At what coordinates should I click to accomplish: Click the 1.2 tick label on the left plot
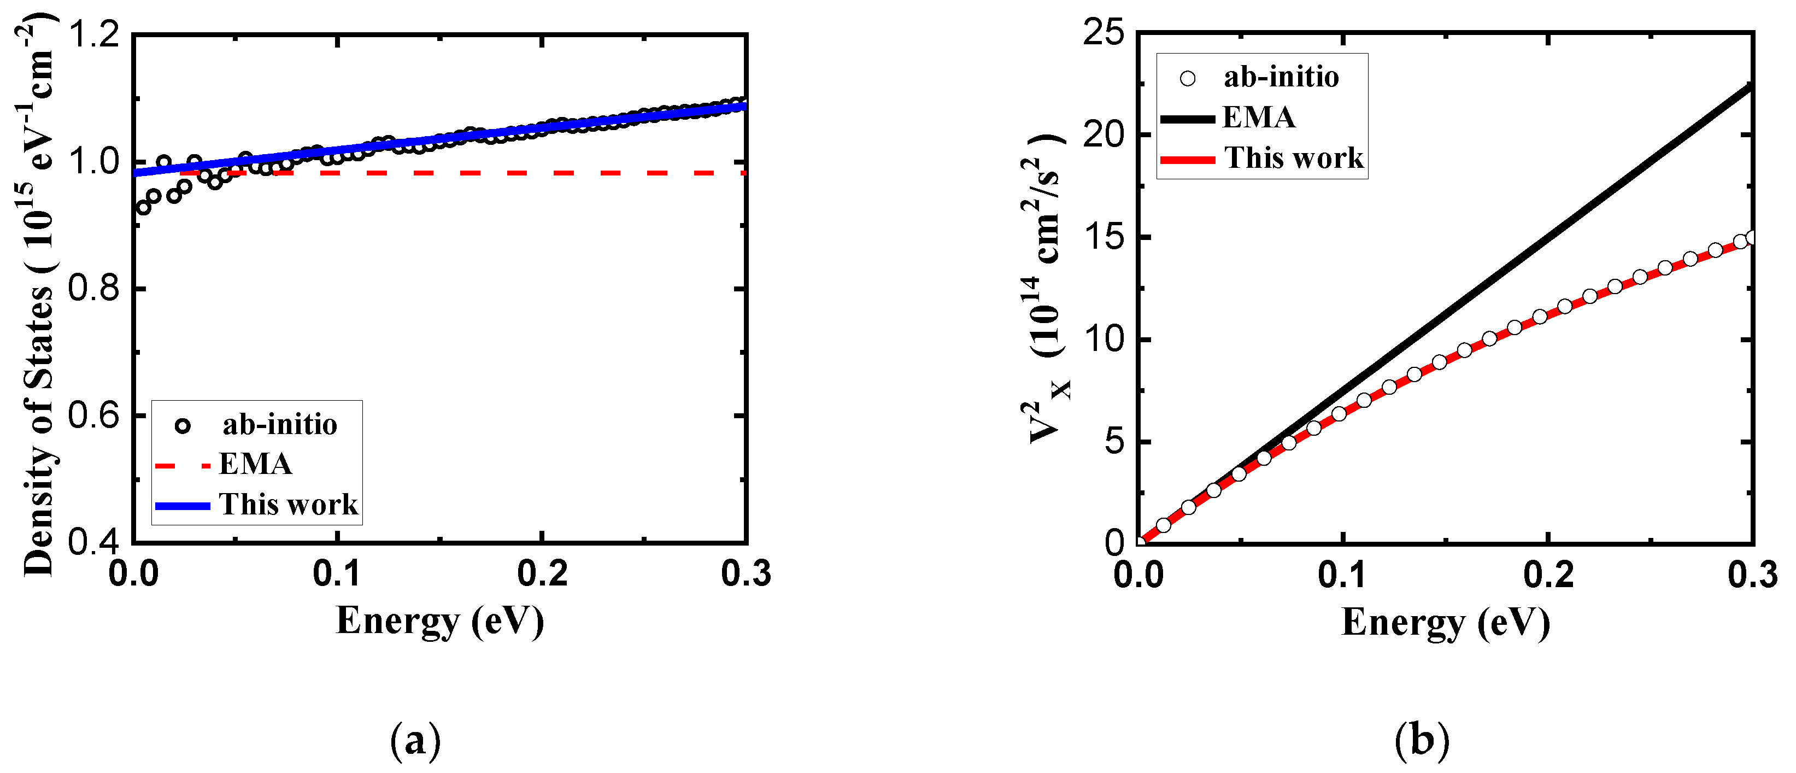93,35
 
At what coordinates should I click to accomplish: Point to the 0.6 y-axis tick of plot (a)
93,417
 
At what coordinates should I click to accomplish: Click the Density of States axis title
38,293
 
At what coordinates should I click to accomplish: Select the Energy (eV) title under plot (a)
440,621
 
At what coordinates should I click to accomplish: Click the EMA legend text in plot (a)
255,465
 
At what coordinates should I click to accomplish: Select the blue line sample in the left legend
182,506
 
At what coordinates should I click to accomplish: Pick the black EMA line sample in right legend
1187,119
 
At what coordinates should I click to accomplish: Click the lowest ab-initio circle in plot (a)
144,208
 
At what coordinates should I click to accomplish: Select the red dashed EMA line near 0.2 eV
542,172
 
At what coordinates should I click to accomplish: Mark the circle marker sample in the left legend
183,425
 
